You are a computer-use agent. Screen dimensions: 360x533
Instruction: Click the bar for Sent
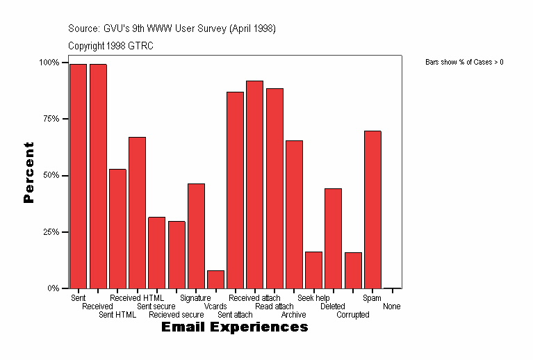pyautogui.click(x=78, y=176)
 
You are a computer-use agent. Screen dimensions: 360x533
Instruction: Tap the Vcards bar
pyautogui.click(x=215, y=279)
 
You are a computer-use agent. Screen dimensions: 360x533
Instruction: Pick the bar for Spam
pyautogui.click(x=372, y=209)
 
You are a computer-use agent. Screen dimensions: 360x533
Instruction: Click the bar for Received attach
pyautogui.click(x=254, y=184)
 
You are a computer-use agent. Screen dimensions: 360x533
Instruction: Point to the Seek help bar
pyautogui.click(x=313, y=270)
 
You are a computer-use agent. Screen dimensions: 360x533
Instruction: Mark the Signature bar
pyautogui.click(x=196, y=236)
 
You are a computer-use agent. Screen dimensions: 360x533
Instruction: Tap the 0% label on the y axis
pyautogui.click(x=53, y=288)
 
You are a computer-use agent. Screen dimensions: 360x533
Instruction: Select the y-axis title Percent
pyautogui.click(x=28, y=172)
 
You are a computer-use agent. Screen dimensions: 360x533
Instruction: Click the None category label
pyautogui.click(x=391, y=306)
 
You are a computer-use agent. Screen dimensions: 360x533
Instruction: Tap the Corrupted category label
pyautogui.click(x=352, y=315)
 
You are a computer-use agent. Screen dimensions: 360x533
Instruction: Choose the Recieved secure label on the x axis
pyautogui.click(x=176, y=315)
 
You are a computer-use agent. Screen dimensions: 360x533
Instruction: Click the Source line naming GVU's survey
pyautogui.click(x=172, y=28)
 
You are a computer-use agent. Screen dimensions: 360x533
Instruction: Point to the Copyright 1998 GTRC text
pyautogui.click(x=110, y=46)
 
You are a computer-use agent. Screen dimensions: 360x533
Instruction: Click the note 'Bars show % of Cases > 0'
pyautogui.click(x=464, y=63)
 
